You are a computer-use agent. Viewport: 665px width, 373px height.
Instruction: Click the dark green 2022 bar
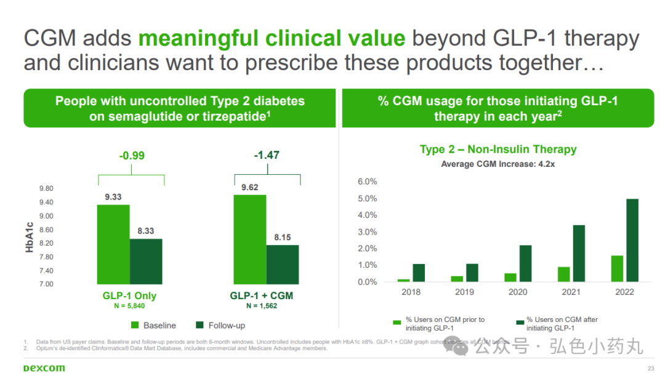(x=632, y=240)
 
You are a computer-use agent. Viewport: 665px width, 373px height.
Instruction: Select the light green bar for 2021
(x=563, y=274)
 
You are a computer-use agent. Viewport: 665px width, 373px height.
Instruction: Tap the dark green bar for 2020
(x=525, y=263)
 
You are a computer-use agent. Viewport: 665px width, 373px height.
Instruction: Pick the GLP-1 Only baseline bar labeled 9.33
(x=113, y=244)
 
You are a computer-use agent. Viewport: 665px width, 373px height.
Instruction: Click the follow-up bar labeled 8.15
(x=283, y=264)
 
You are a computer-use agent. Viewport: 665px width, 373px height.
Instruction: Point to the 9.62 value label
(x=249, y=187)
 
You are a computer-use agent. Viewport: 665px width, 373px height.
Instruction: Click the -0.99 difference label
(x=131, y=156)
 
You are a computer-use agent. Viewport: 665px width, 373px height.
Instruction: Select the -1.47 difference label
(x=267, y=155)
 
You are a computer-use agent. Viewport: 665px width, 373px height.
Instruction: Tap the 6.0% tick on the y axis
(x=367, y=182)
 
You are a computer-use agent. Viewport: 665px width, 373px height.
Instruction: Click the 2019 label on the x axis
(x=464, y=292)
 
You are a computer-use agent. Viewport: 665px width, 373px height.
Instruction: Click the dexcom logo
(x=44, y=368)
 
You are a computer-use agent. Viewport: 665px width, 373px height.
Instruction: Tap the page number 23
(x=651, y=368)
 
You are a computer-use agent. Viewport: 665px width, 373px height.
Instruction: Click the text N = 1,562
(x=262, y=305)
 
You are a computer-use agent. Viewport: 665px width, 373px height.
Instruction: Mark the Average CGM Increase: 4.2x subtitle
(x=498, y=164)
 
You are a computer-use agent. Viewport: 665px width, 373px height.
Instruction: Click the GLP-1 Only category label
(x=129, y=295)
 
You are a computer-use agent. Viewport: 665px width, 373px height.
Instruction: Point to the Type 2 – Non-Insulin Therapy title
(x=498, y=149)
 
